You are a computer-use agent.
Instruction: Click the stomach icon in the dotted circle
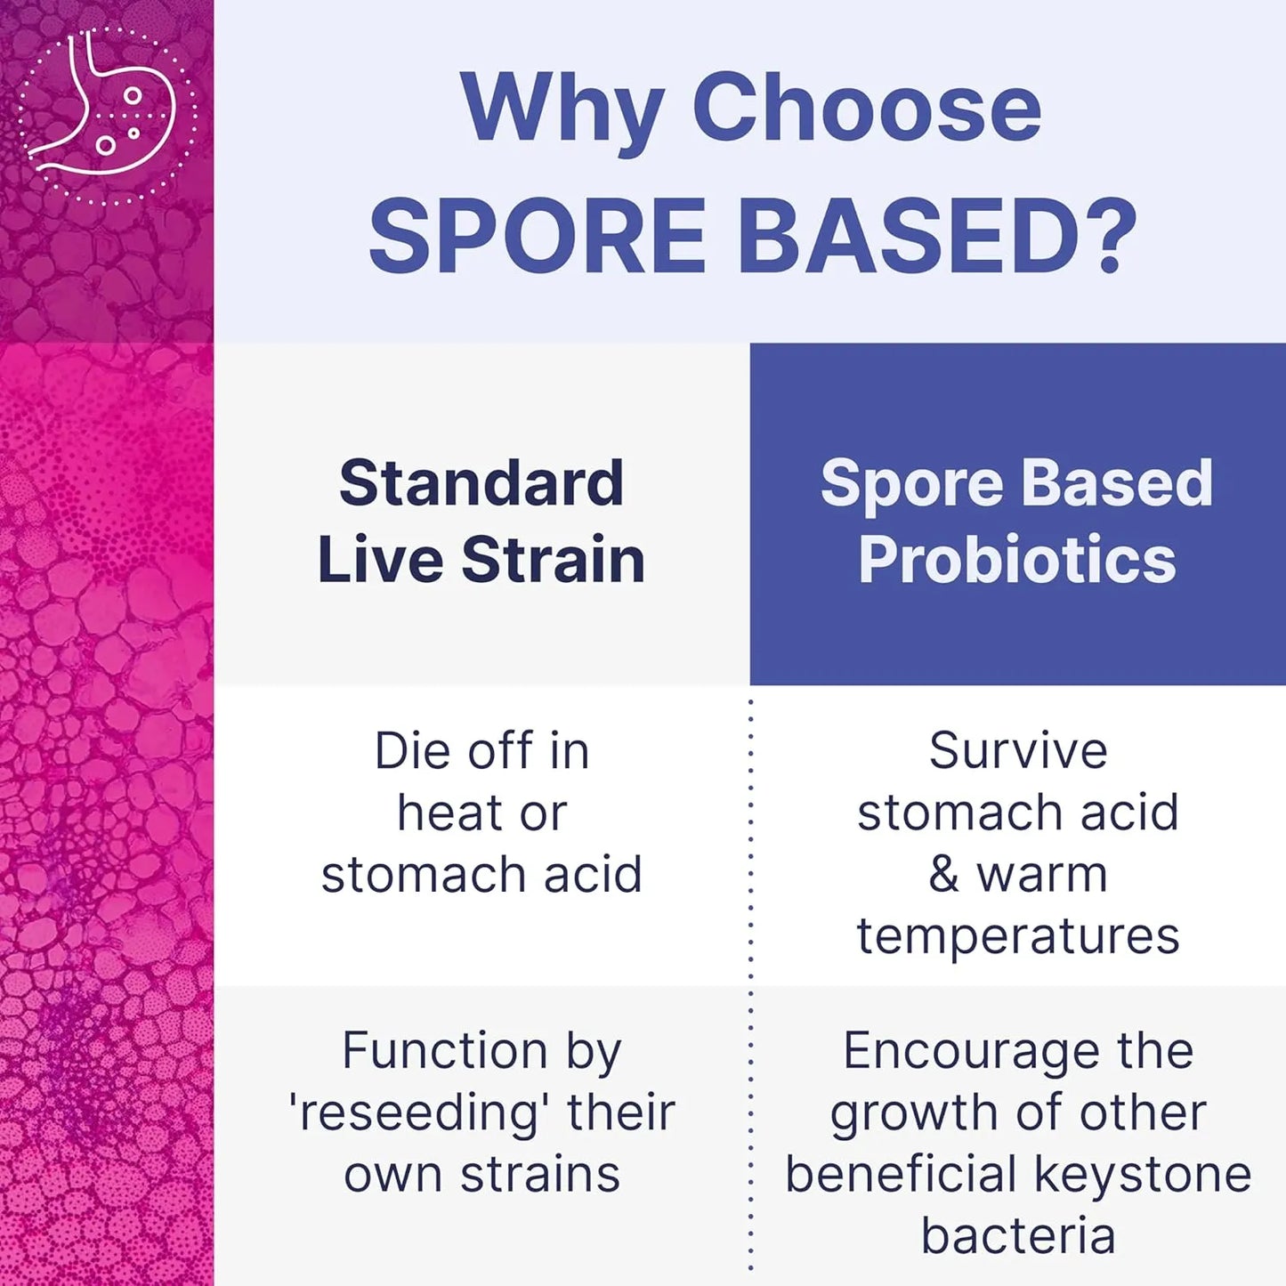click(107, 114)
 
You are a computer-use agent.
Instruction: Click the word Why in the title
click(561, 109)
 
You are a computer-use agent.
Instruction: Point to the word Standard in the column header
click(481, 483)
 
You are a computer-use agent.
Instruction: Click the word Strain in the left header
click(553, 560)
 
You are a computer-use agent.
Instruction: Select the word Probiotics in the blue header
click(1017, 560)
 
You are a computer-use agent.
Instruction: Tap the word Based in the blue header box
click(1117, 483)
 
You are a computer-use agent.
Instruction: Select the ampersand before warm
click(944, 874)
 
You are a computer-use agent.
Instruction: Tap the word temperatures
click(1018, 936)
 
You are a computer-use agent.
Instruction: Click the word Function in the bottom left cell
click(444, 1051)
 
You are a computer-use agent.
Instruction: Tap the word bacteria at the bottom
click(1018, 1236)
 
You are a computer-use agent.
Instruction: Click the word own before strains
click(394, 1175)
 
